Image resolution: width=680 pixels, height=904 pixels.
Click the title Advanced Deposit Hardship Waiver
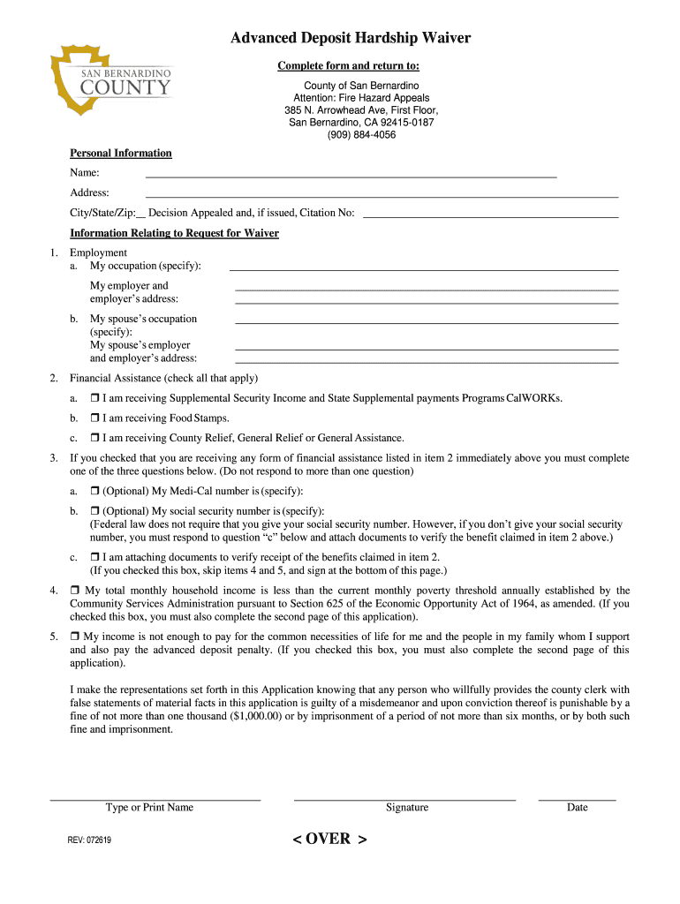point(351,38)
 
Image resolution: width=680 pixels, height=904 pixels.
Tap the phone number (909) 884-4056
point(361,135)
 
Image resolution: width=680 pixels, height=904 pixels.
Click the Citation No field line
point(490,215)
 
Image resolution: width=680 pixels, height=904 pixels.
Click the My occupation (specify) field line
point(424,268)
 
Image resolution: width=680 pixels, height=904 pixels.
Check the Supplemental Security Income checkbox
point(94,398)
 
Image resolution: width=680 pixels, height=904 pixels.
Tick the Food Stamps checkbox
point(94,418)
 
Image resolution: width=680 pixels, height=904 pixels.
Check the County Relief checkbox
point(94,438)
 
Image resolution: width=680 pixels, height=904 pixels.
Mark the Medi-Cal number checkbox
point(94,491)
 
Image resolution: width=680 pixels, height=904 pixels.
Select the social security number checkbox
point(94,511)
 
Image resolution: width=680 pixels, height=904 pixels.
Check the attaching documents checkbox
point(94,557)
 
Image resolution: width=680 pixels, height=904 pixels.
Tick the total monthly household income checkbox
point(75,591)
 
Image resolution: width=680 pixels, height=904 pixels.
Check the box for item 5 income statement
point(75,637)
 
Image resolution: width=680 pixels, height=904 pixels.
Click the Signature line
point(404,798)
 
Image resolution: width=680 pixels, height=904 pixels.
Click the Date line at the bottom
point(577,798)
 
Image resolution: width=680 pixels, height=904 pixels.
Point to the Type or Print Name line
point(155,798)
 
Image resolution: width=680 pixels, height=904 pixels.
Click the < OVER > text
point(329,839)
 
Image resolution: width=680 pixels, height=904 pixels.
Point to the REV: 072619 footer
point(89,840)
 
